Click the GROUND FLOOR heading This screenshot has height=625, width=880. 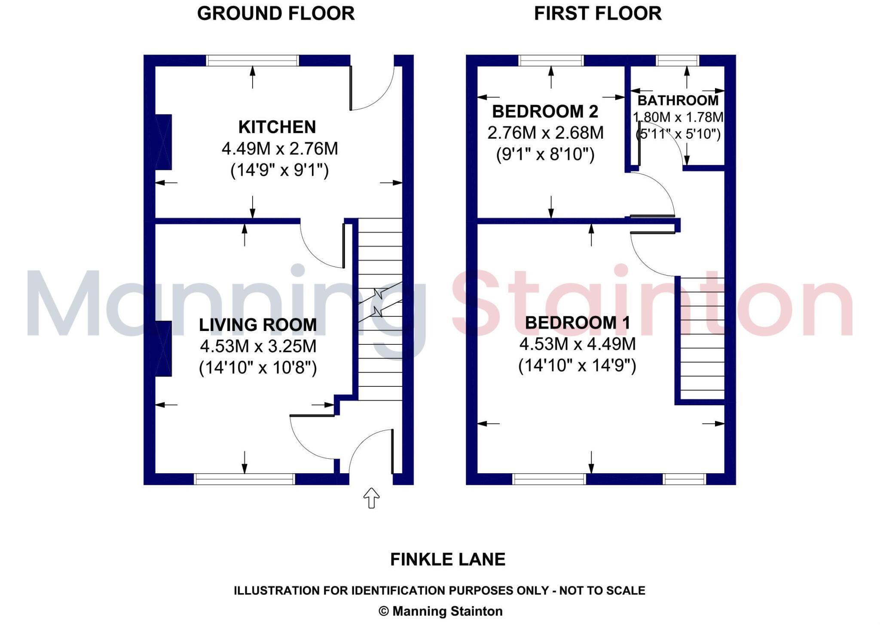pyautogui.click(x=275, y=14)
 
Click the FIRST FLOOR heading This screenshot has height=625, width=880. pyautogui.click(x=597, y=14)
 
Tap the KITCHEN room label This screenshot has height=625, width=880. pyautogui.click(x=277, y=127)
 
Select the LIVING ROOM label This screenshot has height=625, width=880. pyautogui.click(x=258, y=325)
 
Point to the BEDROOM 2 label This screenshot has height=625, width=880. pyautogui.click(x=545, y=112)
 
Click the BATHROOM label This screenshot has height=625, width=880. pyautogui.click(x=678, y=101)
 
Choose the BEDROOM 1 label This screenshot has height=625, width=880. pyautogui.click(x=577, y=323)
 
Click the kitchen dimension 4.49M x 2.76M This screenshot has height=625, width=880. pyautogui.click(x=280, y=149)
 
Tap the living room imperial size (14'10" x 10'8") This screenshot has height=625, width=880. pyautogui.click(x=258, y=368)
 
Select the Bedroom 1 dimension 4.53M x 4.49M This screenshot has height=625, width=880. pyautogui.click(x=577, y=344)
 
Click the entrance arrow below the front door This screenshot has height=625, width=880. pyautogui.click(x=371, y=498)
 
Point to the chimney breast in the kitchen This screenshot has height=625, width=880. pyautogui.click(x=163, y=142)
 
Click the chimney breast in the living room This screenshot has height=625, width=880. pyautogui.click(x=163, y=349)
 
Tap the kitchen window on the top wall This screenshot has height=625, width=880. pyautogui.click(x=252, y=61)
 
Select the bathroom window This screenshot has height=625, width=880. pyautogui.click(x=678, y=61)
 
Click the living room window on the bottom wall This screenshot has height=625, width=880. pyautogui.click(x=244, y=479)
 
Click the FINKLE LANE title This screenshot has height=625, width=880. pyautogui.click(x=448, y=560)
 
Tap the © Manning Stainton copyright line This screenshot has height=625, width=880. pyautogui.click(x=440, y=611)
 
